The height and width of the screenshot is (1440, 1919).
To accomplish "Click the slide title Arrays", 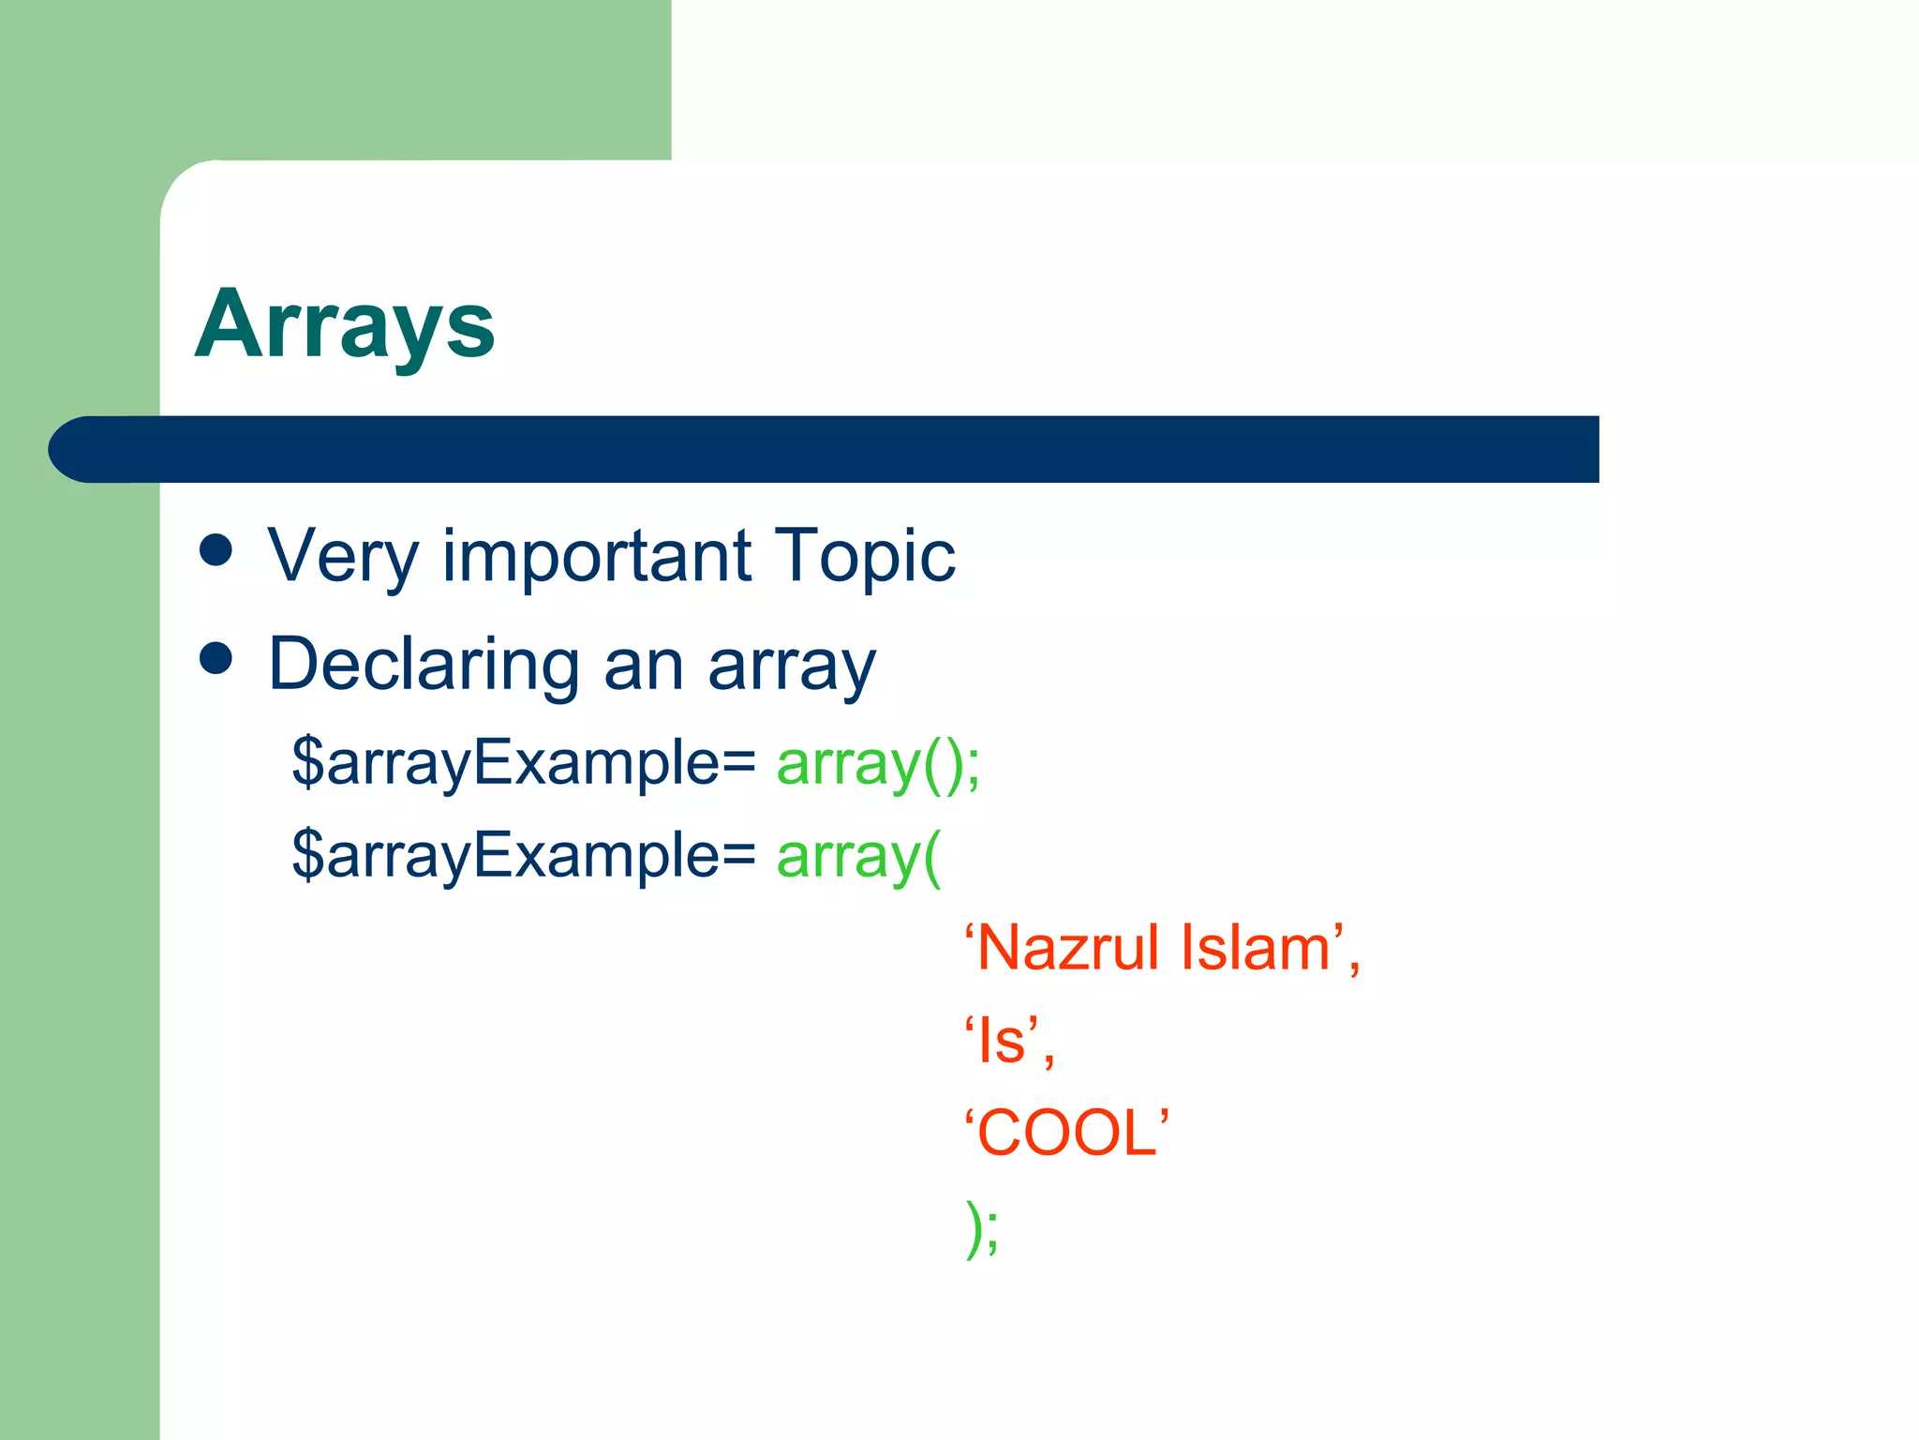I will point(344,325).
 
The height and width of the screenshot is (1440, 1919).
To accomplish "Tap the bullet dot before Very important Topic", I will point(216,550).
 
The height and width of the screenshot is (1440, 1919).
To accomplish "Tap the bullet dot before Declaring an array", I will point(216,658).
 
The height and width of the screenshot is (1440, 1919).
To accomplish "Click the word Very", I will point(342,557).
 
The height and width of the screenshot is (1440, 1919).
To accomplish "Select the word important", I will point(597,557).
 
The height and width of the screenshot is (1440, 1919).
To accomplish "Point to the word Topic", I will point(864,557).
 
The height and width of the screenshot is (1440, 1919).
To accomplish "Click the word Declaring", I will point(424,666).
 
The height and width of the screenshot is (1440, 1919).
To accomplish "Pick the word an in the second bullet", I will point(643,666).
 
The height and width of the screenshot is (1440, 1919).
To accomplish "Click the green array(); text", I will point(878,764).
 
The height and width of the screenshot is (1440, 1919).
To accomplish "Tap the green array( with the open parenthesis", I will point(858,857).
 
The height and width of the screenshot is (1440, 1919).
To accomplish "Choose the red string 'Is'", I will point(1004,1041).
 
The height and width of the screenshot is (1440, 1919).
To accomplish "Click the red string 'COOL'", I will point(1067,1132).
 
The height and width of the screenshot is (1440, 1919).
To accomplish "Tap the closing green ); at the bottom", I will point(983,1227).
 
